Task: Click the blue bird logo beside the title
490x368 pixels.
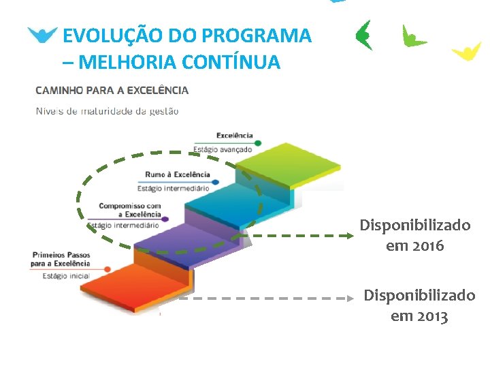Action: click(43, 35)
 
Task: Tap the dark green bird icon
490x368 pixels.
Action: click(364, 35)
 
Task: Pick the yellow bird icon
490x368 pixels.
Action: click(467, 51)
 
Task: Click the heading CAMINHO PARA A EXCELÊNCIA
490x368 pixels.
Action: click(112, 90)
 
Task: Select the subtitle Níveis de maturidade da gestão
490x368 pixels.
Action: click(107, 111)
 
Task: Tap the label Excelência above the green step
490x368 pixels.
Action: click(234, 136)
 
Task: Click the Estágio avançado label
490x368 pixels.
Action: click(223, 149)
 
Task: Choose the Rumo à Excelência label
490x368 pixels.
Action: click(178, 174)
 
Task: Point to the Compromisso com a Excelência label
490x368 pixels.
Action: click(130, 210)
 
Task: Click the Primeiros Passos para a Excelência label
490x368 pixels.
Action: click(60, 259)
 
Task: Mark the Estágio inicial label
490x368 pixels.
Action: click(66, 276)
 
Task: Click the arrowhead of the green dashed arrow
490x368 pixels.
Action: click(350, 236)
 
